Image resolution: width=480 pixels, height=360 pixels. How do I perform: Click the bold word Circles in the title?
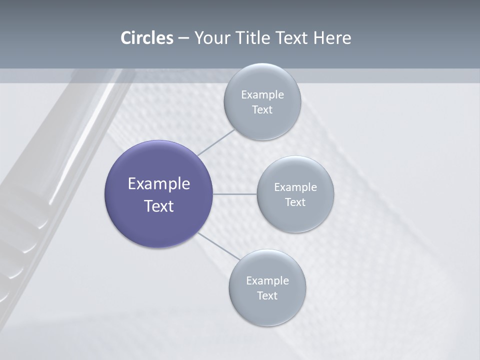[147, 38]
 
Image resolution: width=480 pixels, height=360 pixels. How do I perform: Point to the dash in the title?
[183, 38]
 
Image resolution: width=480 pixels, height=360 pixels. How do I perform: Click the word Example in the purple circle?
[159, 183]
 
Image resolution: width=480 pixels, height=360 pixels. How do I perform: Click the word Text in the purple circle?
[159, 206]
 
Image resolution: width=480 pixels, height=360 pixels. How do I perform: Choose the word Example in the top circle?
[262, 94]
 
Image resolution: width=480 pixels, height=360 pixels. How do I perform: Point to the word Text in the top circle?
[262, 109]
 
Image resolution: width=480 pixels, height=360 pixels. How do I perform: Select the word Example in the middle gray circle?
[295, 187]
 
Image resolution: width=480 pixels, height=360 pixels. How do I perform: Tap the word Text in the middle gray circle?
[295, 202]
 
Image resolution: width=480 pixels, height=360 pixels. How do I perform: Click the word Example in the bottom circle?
[267, 280]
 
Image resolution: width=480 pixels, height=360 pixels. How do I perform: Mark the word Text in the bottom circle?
[267, 295]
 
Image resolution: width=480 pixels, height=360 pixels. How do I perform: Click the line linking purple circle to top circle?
[215, 142]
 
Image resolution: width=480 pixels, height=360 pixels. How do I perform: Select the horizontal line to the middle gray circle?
[235, 194]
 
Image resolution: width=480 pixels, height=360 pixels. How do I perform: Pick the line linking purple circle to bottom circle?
[219, 246]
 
